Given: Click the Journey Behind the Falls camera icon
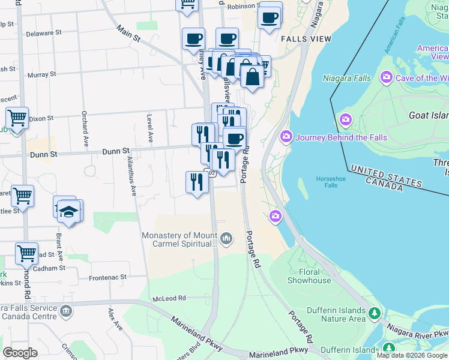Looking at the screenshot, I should tap(286, 137).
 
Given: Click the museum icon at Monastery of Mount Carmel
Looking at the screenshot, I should tap(226, 239).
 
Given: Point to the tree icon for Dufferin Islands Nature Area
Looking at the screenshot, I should tap(375, 313).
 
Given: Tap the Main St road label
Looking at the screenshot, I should tap(128, 34).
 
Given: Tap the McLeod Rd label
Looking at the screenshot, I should tap(169, 298).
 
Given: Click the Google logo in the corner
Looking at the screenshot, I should tap(20, 353).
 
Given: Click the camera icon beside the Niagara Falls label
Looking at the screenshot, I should tap(386, 77).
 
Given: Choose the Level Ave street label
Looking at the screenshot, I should tap(149, 129).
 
